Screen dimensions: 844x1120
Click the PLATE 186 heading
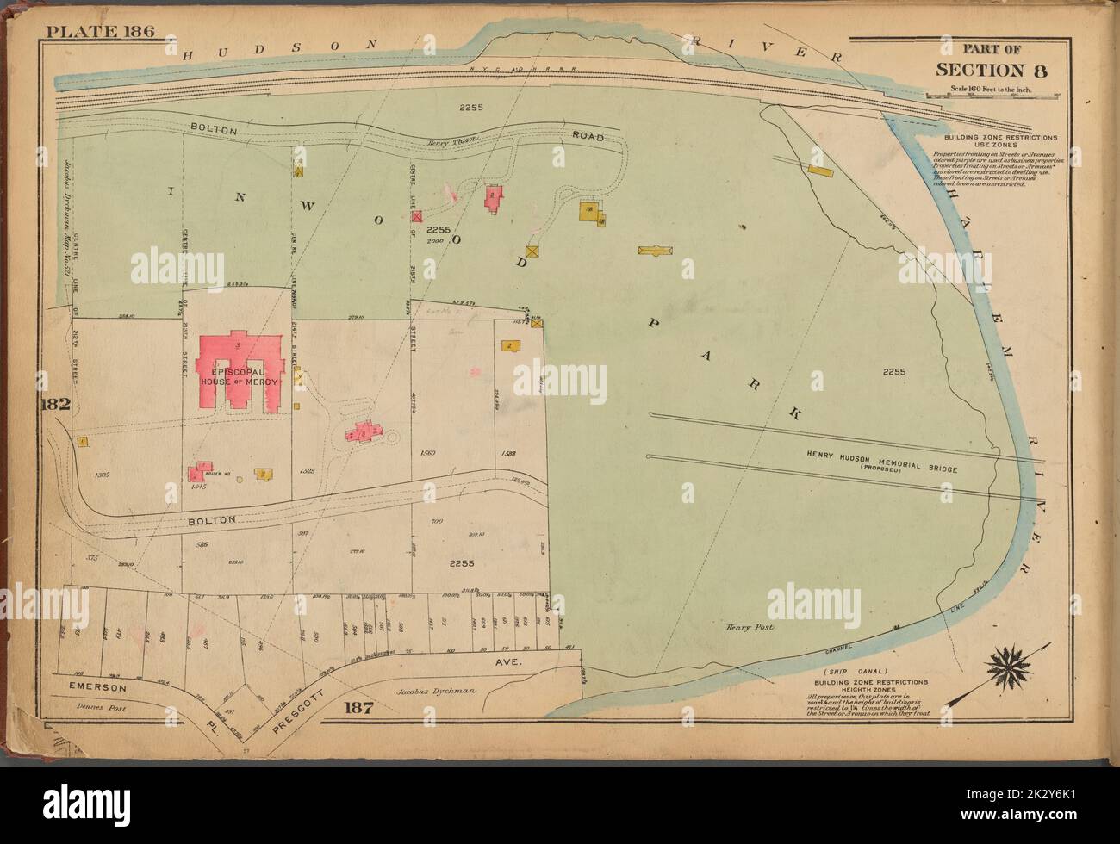pos(100,32)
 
